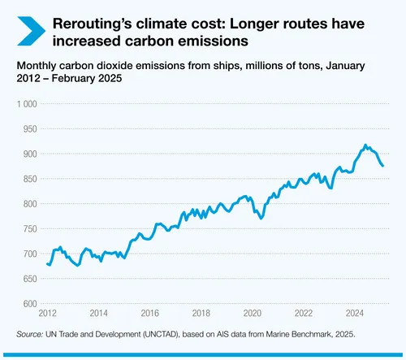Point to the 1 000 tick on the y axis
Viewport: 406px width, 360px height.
click(26, 104)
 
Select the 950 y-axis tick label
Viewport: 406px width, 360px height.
click(29, 129)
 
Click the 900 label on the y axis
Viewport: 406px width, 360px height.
click(29, 154)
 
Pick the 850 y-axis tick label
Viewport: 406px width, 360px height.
click(29, 179)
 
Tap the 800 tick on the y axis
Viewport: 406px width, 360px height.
click(29, 204)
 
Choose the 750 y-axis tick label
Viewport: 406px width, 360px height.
click(29, 229)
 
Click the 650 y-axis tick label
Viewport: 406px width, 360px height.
click(29, 279)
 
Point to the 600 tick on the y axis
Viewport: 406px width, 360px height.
click(29, 304)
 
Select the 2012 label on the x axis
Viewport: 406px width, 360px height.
click(47, 313)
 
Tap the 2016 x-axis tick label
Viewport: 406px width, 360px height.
click(149, 313)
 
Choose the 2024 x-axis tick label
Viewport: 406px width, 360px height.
click(354, 313)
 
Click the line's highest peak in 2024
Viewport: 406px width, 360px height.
click(365, 145)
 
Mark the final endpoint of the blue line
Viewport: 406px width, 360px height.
click(383, 166)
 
